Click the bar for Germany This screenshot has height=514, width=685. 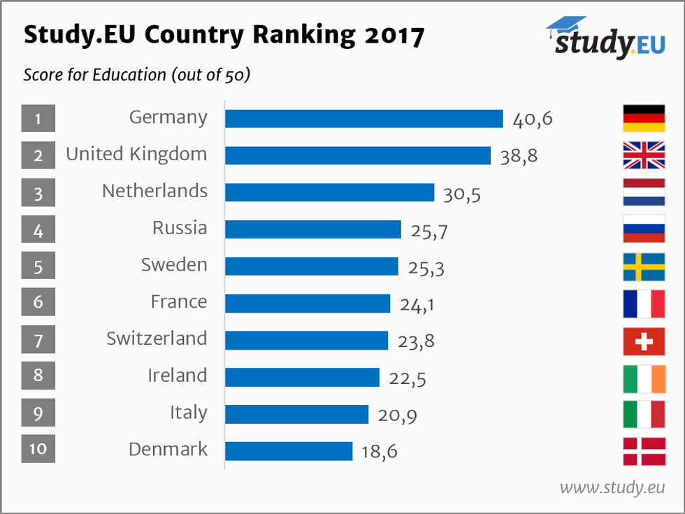[x=363, y=119]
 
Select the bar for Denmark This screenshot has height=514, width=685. [x=288, y=451]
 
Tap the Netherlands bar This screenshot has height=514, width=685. [x=329, y=192]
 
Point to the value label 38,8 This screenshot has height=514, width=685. [x=519, y=156]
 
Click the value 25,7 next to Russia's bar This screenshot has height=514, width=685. [x=428, y=230]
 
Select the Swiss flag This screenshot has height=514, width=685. [x=644, y=341]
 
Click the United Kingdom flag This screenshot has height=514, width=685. [x=644, y=155]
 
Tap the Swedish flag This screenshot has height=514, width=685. [x=644, y=266]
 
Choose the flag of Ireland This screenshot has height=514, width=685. [x=644, y=378]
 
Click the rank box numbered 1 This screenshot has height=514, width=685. [x=38, y=118]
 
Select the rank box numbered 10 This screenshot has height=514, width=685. [x=38, y=448]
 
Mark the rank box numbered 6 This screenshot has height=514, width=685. [x=38, y=302]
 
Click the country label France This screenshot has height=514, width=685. [x=179, y=301]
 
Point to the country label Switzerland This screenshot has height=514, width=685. [x=157, y=338]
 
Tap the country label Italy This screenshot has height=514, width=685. [x=188, y=413]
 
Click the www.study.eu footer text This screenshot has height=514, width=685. [x=612, y=487]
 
